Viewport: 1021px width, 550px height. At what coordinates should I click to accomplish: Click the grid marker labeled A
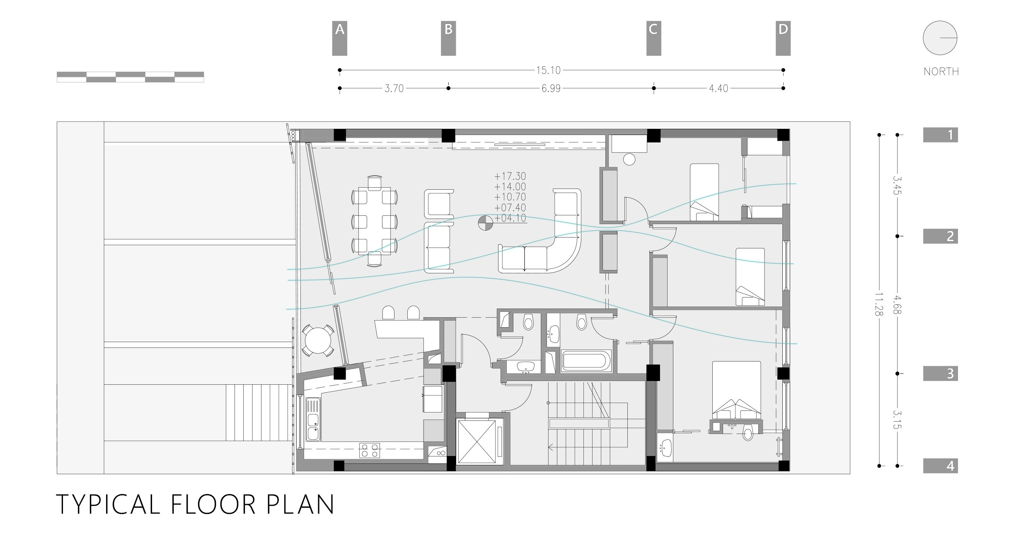(339, 38)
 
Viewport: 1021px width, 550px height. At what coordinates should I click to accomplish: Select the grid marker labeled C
(653, 38)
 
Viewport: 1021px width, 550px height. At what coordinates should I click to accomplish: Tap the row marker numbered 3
(940, 374)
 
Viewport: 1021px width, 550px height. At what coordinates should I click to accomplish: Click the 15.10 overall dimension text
(548, 70)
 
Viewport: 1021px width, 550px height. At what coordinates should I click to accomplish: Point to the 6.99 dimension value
(551, 89)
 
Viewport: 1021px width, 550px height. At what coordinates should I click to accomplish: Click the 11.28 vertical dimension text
(878, 304)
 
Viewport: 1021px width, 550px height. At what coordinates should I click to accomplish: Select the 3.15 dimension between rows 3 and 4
(897, 419)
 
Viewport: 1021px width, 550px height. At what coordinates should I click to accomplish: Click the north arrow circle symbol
(940, 38)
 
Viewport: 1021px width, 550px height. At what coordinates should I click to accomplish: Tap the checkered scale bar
(130, 77)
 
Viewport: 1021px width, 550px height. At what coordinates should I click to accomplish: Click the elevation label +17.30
(510, 176)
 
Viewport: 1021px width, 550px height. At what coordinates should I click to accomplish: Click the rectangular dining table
(375, 221)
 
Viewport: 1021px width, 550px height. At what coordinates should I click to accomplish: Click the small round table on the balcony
(318, 340)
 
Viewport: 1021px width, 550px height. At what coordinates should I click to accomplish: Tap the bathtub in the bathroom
(586, 361)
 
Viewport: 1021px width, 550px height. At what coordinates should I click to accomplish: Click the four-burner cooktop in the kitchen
(369, 450)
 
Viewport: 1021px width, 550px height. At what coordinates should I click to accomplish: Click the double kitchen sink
(313, 419)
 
